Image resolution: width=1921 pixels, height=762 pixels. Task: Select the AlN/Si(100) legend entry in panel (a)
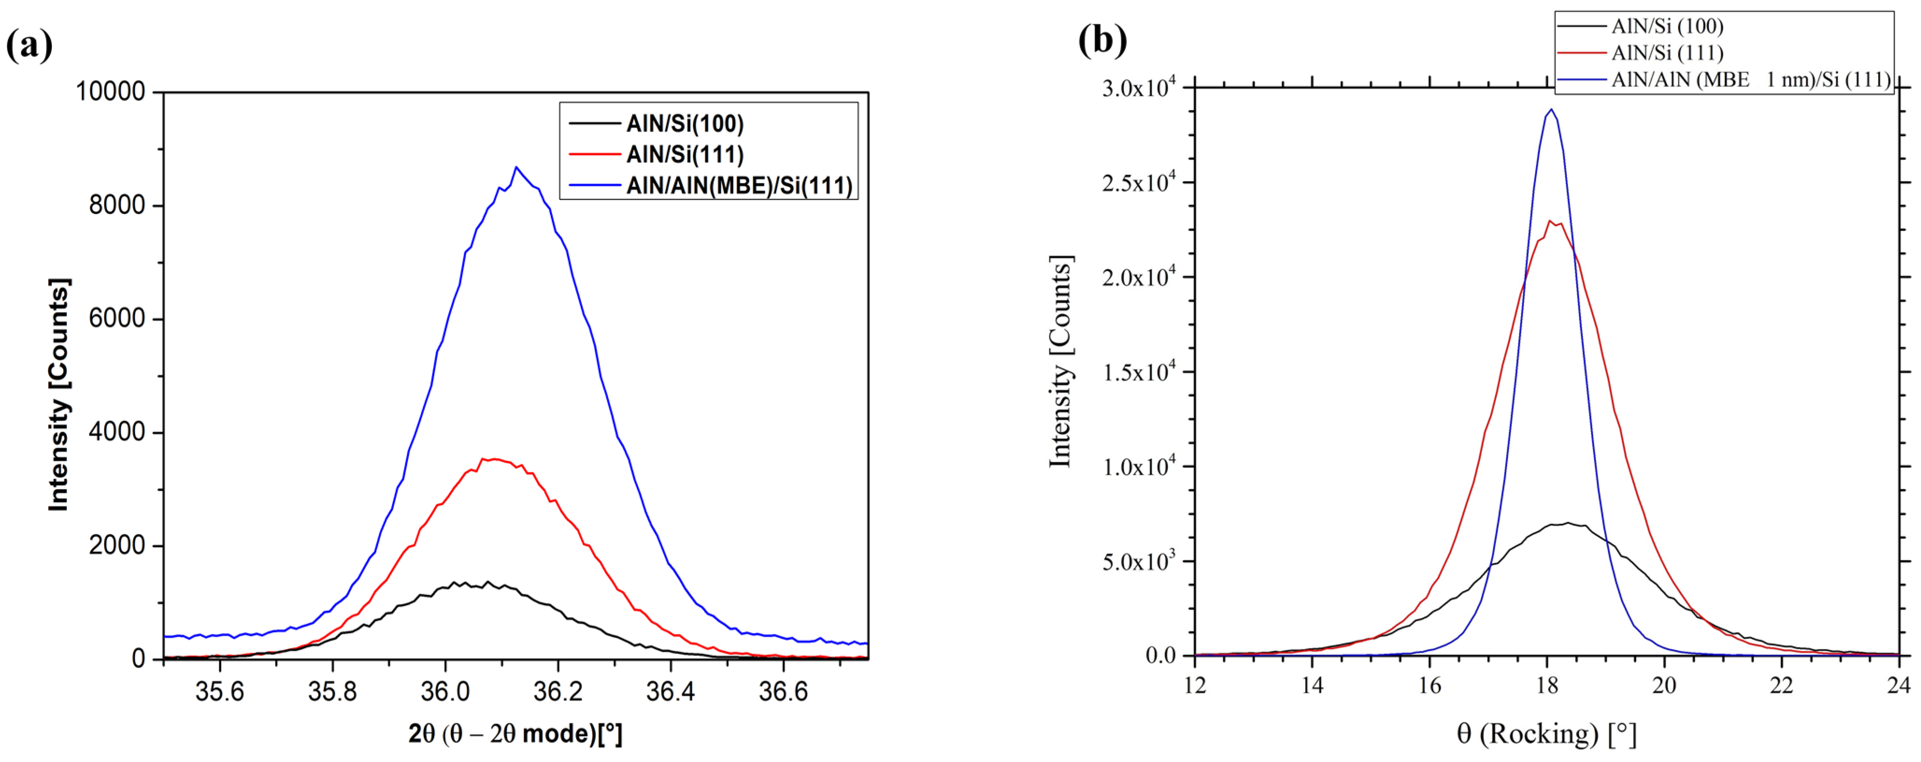pos(685,124)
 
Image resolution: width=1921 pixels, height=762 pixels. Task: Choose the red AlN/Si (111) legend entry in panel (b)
pos(1667,53)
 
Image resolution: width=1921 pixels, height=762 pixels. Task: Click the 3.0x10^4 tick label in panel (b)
pos(1139,88)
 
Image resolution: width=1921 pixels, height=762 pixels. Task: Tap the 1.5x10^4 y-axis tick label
pos(1139,372)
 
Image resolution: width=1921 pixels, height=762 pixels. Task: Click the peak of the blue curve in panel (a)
pos(516,167)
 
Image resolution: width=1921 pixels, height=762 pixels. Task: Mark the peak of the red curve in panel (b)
pos(1551,221)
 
